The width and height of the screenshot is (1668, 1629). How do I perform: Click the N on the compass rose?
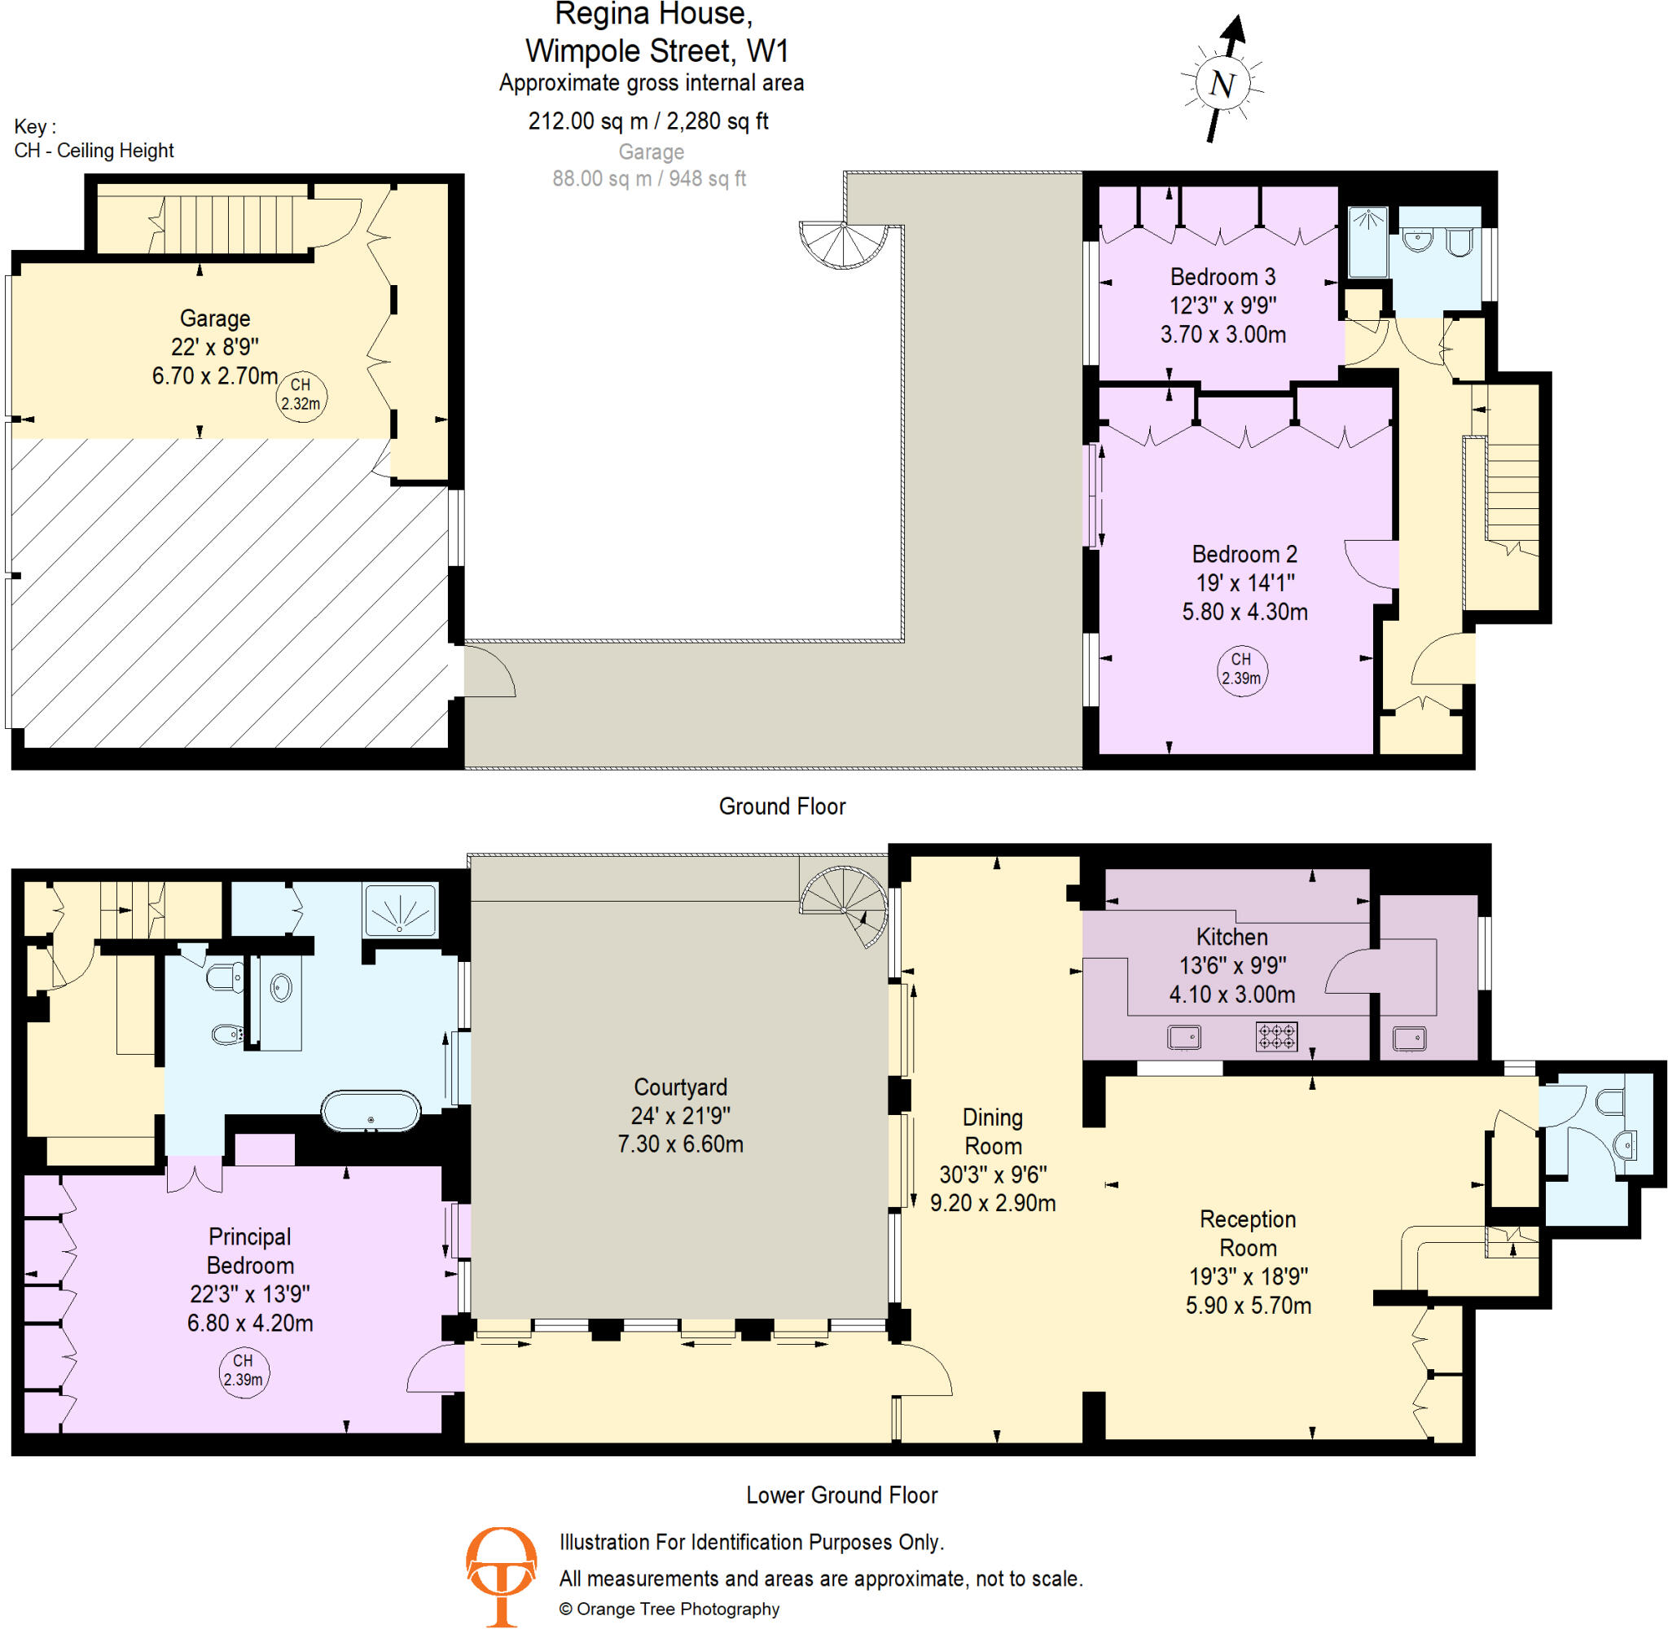tap(1222, 84)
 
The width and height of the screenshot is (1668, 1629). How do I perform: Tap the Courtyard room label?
tap(680, 1087)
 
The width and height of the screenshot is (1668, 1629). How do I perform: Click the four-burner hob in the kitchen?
tap(1276, 1037)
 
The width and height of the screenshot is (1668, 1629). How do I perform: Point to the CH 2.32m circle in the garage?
tap(301, 394)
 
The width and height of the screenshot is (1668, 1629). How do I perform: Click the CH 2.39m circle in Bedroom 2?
tap(1241, 669)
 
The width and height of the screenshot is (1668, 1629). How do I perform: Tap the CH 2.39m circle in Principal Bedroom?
tap(243, 1370)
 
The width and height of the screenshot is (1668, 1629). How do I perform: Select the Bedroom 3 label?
tap(1222, 277)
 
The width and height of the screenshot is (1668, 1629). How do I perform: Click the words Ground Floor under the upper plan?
tap(782, 806)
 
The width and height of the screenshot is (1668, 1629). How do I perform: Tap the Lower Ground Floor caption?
tap(841, 1495)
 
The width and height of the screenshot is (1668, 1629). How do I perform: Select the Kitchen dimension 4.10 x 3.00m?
tap(1231, 995)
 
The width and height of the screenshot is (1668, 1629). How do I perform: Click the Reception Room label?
tap(1247, 1233)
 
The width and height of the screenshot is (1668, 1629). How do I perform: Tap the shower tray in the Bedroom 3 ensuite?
tap(1367, 242)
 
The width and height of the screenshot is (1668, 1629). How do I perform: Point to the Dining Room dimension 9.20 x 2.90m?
tap(992, 1203)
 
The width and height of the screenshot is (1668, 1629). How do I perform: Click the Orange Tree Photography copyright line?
tap(669, 1609)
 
